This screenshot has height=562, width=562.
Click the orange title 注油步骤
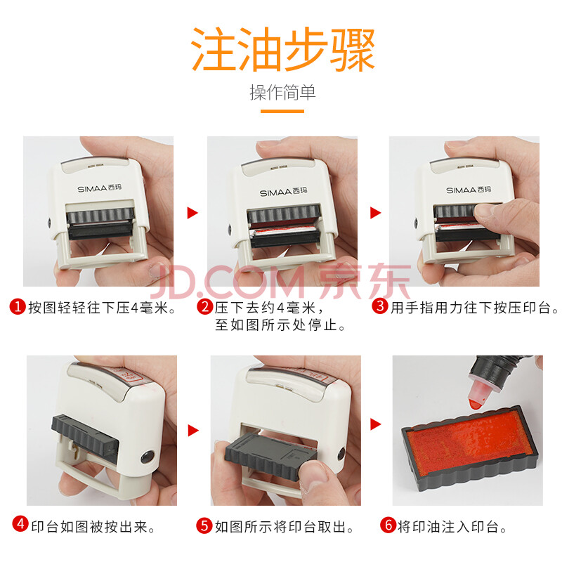pyautogui.click(x=283, y=49)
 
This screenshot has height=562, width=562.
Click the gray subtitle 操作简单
pyautogui.click(x=282, y=93)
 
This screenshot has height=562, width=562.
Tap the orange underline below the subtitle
pyautogui.click(x=282, y=111)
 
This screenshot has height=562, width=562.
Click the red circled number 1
pyautogui.click(x=18, y=307)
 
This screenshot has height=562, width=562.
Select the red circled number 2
pyautogui.click(x=204, y=307)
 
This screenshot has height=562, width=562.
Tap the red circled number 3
pyautogui.click(x=380, y=306)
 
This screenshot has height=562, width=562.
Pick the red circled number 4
pyautogui.click(x=20, y=524)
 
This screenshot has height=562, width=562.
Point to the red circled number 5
pyautogui.click(x=204, y=525)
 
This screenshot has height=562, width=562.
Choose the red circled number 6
pyautogui.click(x=388, y=525)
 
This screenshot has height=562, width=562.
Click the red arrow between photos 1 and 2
pyautogui.click(x=192, y=213)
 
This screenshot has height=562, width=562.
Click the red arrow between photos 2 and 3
pyautogui.click(x=375, y=213)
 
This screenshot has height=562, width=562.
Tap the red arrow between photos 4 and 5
pyautogui.click(x=193, y=430)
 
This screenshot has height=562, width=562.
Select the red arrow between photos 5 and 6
pyautogui.click(x=376, y=424)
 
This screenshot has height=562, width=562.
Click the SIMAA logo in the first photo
pyautogui.click(x=100, y=188)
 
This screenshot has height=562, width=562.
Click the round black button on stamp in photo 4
pyautogui.click(x=148, y=457)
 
